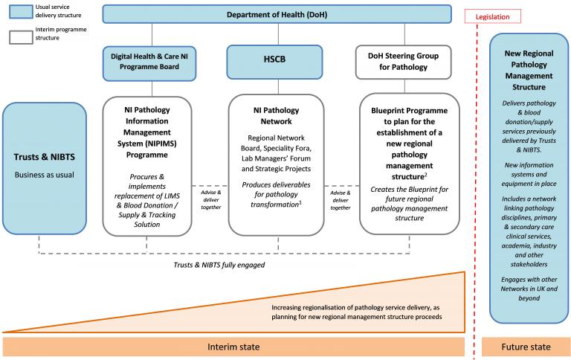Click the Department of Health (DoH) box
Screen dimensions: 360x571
tap(277, 14)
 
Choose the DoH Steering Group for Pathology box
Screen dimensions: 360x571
tap(403, 62)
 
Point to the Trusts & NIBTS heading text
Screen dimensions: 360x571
tap(45, 157)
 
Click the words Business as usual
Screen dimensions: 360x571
tap(45, 175)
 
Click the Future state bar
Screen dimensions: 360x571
tap(525, 347)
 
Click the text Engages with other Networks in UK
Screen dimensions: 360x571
tap(529, 288)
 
